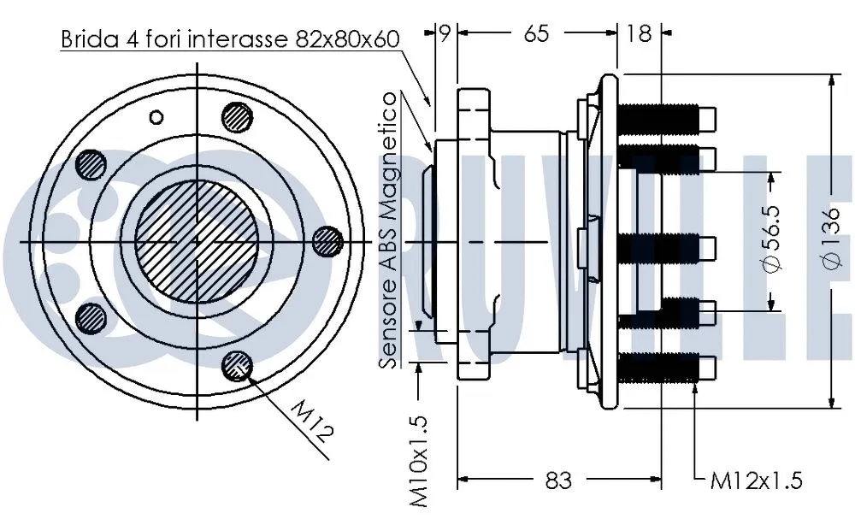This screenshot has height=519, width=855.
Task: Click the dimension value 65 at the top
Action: (x=535, y=33)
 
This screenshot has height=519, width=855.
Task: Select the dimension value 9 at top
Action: (x=444, y=33)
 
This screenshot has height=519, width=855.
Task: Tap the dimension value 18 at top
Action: (x=639, y=33)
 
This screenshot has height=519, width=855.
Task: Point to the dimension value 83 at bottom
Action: (x=557, y=481)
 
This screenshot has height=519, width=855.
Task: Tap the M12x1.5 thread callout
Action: (x=757, y=481)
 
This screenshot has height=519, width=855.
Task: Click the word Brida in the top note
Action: (x=85, y=38)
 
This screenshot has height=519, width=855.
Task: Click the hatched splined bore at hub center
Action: (x=196, y=241)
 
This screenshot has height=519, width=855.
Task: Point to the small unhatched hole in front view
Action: (x=156, y=116)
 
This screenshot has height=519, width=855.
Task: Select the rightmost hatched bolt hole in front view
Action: (x=326, y=242)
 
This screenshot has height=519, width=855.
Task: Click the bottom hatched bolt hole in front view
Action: (x=236, y=365)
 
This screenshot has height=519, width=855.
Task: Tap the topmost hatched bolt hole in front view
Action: (x=237, y=115)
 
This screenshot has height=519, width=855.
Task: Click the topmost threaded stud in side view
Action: (x=663, y=116)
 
